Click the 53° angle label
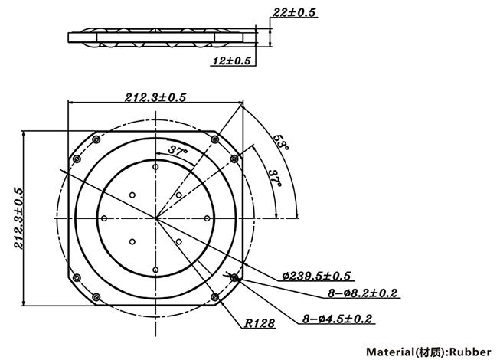click(x=281, y=142)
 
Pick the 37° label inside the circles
click(x=178, y=151)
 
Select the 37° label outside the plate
click(x=273, y=181)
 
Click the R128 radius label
click(x=260, y=324)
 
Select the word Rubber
click(x=469, y=352)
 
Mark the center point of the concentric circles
click(x=156, y=218)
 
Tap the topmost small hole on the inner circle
click(x=156, y=166)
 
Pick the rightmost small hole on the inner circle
click(x=208, y=218)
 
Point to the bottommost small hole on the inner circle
click(x=156, y=270)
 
